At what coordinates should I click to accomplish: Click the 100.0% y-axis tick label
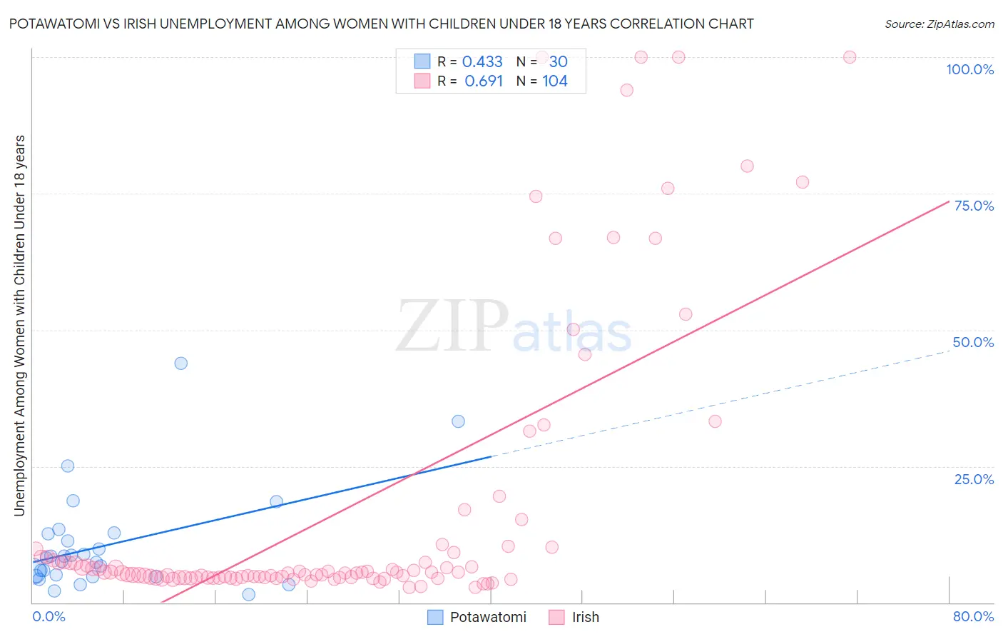969,69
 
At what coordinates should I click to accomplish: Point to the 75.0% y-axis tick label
974,206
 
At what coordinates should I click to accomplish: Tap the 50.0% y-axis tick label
973,342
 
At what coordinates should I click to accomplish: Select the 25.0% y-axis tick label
974,479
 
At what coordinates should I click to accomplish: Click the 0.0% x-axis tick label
49,616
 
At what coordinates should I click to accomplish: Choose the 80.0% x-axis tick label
973,616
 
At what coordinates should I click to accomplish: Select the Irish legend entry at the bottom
585,617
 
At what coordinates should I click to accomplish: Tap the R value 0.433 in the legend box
482,62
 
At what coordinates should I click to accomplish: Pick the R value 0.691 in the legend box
484,81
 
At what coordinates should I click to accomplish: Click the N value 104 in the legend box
555,81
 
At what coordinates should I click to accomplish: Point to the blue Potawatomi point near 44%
181,363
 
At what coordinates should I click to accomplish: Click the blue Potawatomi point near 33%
458,421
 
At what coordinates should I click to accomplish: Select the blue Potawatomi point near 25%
68,466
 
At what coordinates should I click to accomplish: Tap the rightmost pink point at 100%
850,57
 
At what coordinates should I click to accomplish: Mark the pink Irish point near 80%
747,166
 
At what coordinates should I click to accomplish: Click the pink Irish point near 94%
626,90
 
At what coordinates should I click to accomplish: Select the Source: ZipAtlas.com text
939,24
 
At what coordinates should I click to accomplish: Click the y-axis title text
19,325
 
